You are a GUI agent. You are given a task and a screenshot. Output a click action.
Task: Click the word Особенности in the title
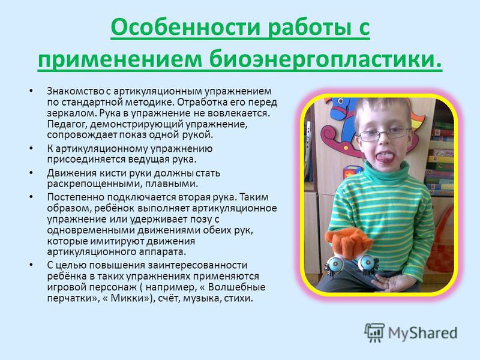[186, 28]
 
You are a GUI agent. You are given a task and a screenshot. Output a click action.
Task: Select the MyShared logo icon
[374, 332]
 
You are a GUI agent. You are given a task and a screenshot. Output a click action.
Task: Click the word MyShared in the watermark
[423, 333]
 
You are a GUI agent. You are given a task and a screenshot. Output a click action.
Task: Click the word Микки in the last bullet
[127, 298]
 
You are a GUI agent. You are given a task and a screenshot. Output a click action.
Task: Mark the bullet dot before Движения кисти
[31, 173]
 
